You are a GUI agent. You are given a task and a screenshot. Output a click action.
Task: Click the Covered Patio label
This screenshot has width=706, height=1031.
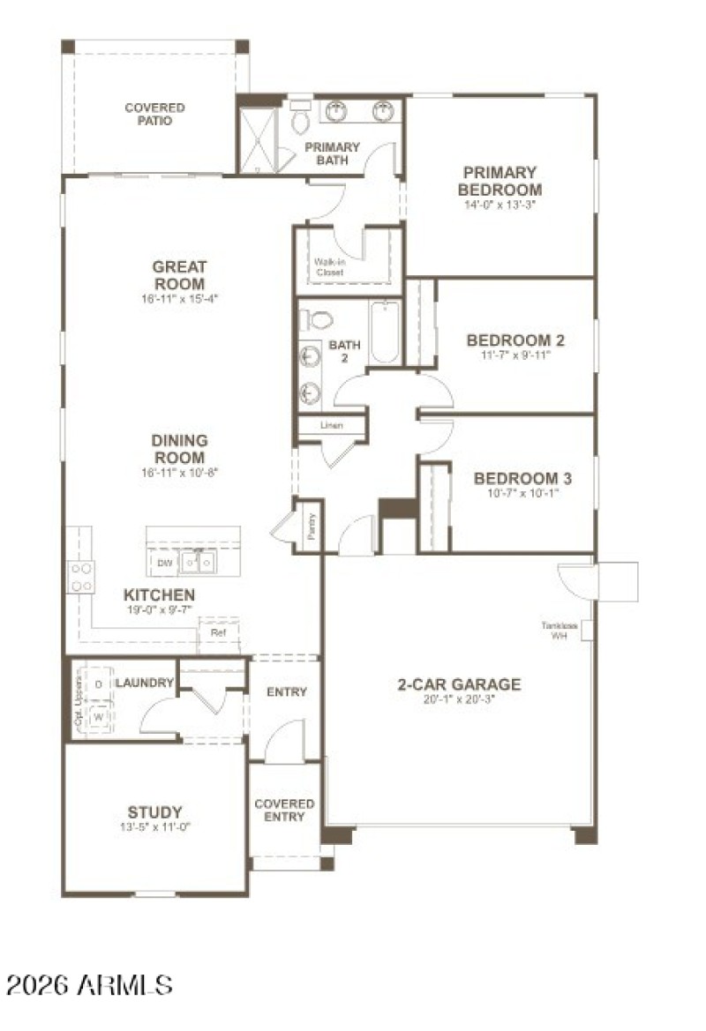pyautogui.click(x=154, y=115)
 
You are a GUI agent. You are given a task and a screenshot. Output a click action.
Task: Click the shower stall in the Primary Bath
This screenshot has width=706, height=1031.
pyautogui.click(x=259, y=140)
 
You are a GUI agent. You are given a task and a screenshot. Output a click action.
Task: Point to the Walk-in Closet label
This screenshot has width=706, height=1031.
pyautogui.click(x=329, y=267)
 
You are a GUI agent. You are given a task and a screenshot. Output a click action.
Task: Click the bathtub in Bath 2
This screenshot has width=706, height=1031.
pyautogui.click(x=385, y=332)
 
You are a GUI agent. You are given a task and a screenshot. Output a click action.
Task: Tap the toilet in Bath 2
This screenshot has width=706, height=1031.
pyautogui.click(x=319, y=319)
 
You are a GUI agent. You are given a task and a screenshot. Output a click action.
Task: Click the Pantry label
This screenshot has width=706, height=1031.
pyautogui.click(x=311, y=527)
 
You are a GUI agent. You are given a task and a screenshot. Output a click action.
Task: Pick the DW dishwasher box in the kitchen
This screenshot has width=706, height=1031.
pyautogui.click(x=164, y=562)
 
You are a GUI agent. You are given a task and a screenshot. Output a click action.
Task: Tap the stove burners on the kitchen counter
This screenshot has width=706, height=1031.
pyautogui.click(x=81, y=577)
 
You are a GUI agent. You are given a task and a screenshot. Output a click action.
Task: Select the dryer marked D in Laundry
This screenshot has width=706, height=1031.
pyautogui.click(x=98, y=684)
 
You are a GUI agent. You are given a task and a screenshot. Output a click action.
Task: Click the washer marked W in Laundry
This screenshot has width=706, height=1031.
pyautogui.click(x=98, y=717)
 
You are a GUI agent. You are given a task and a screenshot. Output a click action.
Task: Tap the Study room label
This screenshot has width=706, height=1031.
pyautogui.click(x=155, y=812)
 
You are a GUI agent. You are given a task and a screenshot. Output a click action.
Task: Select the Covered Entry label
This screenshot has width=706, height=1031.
pyautogui.click(x=284, y=811)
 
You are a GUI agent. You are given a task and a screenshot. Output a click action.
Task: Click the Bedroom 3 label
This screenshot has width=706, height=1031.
pyautogui.click(x=522, y=479)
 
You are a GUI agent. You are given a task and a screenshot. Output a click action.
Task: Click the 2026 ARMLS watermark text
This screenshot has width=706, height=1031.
pyautogui.click(x=89, y=984)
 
